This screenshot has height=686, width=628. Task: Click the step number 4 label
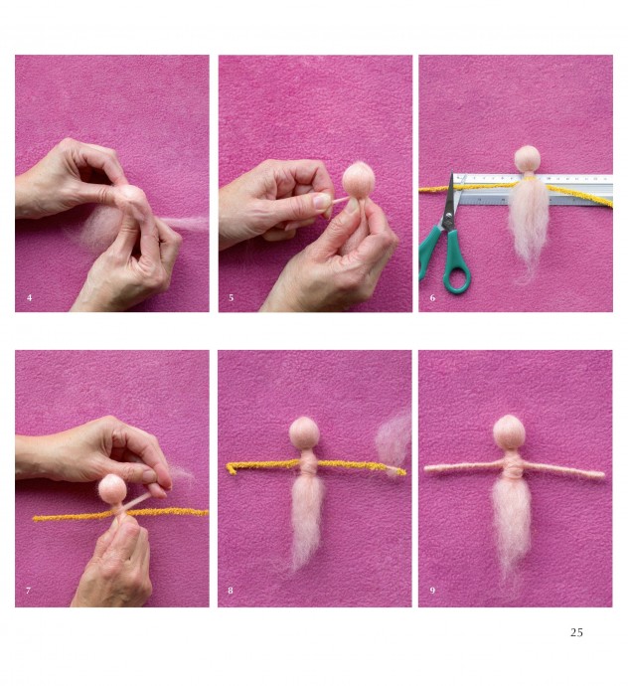(29, 298)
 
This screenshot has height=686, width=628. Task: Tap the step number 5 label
(232, 298)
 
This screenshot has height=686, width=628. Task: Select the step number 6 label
(432, 298)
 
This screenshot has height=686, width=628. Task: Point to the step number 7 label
(29, 591)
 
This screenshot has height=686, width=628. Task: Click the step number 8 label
(231, 591)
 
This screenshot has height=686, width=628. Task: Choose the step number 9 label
(432, 591)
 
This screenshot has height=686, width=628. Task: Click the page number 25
(576, 632)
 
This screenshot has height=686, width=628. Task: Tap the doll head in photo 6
(527, 159)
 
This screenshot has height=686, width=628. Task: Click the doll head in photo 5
(358, 179)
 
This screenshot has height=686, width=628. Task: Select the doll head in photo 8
(304, 433)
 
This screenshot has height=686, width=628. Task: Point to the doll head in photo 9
(509, 431)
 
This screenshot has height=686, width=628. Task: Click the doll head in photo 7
(112, 488)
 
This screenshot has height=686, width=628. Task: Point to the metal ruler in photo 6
(533, 189)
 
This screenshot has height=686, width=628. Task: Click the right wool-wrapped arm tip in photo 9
(602, 474)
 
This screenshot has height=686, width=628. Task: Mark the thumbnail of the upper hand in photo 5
(322, 201)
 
